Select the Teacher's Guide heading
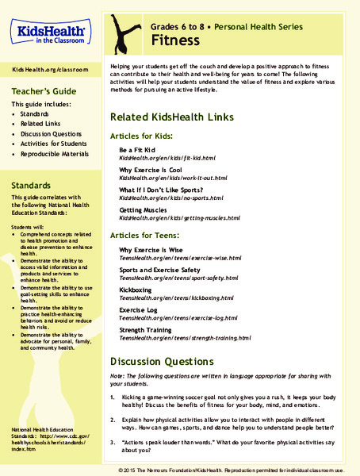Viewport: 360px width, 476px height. point(38,90)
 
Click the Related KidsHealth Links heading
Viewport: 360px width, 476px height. point(171,117)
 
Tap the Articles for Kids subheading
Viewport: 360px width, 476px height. point(144,136)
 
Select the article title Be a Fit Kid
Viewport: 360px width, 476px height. point(138,149)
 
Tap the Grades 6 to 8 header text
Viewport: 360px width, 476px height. point(184,25)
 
